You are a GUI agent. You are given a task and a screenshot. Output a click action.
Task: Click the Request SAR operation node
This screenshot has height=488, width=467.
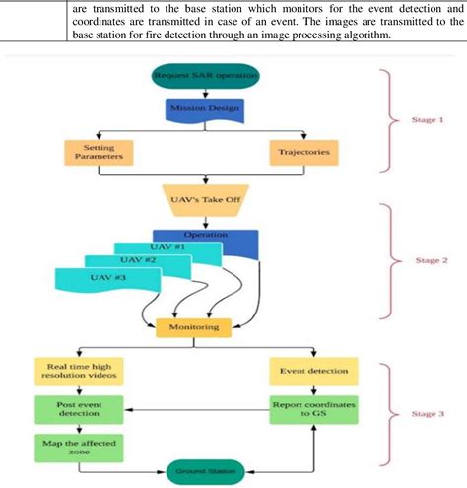205,75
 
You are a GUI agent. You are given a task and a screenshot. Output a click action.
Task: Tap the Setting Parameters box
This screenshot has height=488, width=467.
95,153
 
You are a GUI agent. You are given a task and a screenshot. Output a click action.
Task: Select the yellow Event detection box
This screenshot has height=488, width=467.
312,373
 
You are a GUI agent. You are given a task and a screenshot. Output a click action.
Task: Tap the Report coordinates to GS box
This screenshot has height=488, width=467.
312,410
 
